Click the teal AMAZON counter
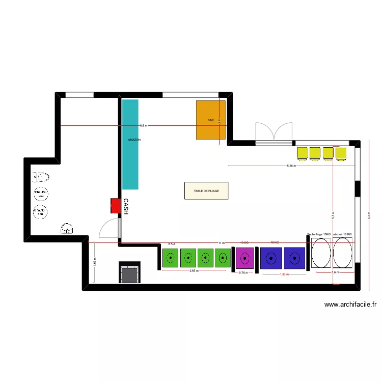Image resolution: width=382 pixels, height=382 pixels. tap(130, 144)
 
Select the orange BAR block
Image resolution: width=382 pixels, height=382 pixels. tap(211, 120)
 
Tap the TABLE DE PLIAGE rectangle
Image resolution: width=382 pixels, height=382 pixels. tap(206, 191)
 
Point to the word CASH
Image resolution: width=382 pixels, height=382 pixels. tap(125, 206)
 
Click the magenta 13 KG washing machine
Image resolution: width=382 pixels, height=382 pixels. tap(244, 258)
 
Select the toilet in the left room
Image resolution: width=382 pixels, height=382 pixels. tap(41, 177)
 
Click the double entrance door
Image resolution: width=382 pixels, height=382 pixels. tap(275, 134)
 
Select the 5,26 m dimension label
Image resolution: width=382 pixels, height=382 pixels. tap(291, 166)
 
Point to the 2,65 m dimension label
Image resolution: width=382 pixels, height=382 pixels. tap(194, 271)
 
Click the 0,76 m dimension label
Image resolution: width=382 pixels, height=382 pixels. tap(243, 272)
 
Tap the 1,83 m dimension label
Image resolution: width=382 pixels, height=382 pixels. tap(284, 274)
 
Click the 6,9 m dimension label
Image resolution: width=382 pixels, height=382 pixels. tap(143, 125)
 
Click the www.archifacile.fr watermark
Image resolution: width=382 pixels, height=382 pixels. tap(350, 305)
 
